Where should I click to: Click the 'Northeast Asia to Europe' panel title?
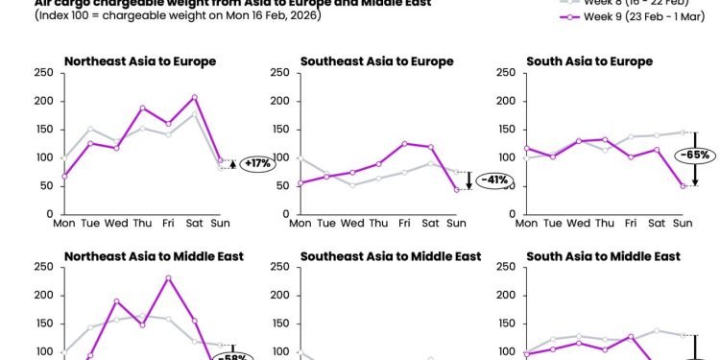pos(140,61)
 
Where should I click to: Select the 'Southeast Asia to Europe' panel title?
pos(376,61)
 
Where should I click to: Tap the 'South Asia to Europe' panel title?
pos(589,61)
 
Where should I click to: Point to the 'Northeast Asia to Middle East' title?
pos(154,256)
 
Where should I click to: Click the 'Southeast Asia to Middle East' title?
pos(391,256)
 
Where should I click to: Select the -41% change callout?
pos(494,180)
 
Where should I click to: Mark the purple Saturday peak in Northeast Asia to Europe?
pos(195,97)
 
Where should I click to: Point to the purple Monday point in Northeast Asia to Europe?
pos(64,176)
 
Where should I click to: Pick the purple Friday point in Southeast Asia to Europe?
pos(404,143)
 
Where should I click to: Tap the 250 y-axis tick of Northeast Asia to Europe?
pos(44,73)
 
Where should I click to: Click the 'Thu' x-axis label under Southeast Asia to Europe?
pos(378,223)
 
